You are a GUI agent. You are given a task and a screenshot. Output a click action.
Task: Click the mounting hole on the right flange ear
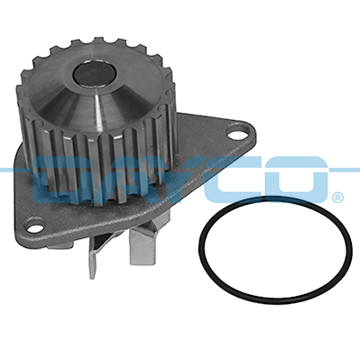pyautogui.click(x=237, y=135)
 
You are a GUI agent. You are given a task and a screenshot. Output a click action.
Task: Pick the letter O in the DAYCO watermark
pyautogui.click(x=299, y=180)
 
